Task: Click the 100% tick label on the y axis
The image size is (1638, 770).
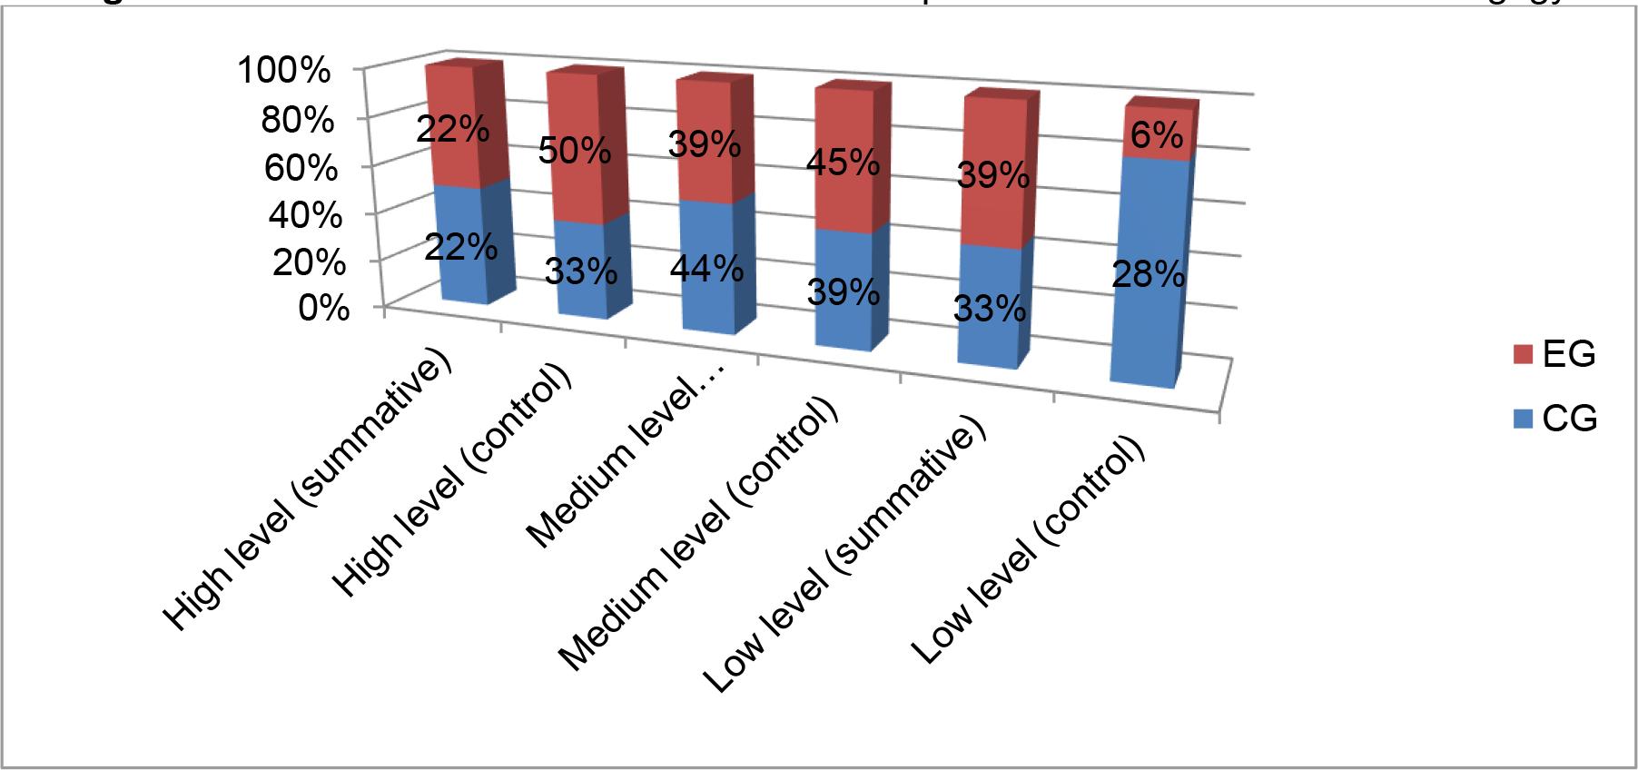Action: pos(283,70)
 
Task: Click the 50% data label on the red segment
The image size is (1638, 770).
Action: pos(574,150)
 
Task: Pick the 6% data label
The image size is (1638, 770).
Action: pos(1157,135)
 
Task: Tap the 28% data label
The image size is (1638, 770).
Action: pos(1148,273)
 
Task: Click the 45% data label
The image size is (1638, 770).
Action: pos(844,163)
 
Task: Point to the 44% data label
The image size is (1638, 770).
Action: pos(707,269)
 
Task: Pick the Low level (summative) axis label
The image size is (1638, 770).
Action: pos(844,554)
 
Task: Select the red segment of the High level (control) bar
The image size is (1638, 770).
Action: pos(572,182)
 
